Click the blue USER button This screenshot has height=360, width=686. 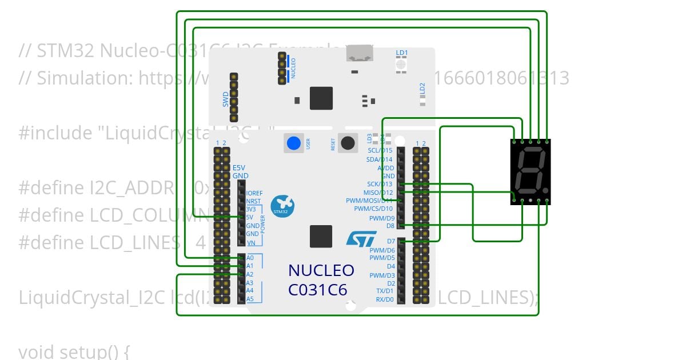coord(294,143)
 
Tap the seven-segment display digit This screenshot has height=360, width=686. coord(530,171)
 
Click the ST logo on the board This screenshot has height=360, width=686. coord(361,238)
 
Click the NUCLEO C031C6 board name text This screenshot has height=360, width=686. coord(321,280)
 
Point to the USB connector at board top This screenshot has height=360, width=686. coord(359,54)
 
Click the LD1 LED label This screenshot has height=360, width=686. coord(402,53)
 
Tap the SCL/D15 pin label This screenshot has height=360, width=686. coord(380,151)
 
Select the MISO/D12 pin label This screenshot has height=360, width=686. coord(378,193)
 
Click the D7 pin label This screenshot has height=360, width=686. coord(391,242)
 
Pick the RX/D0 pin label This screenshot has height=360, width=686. coord(385,299)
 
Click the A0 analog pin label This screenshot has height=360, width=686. coord(250,258)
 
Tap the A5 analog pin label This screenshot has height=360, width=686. coord(250,299)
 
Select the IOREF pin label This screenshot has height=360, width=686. coord(254,193)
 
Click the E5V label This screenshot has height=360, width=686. coord(239,167)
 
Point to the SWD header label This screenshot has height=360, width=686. coord(226,99)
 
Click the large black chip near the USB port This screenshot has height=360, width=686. coord(321,98)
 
